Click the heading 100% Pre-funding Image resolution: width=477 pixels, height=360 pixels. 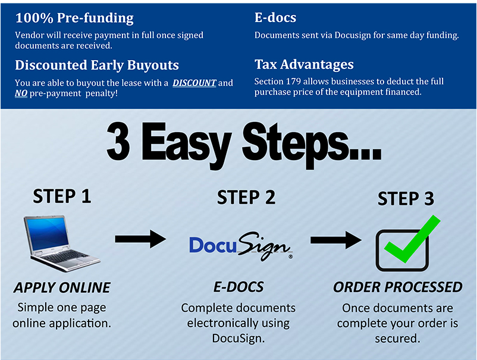[74, 18]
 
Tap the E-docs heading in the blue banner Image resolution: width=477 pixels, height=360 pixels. [275, 18]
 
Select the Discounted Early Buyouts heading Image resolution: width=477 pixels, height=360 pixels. [97, 65]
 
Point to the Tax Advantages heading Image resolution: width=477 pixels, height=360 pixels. [304, 64]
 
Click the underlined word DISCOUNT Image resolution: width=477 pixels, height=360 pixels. [194, 83]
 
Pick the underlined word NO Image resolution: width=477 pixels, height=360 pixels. [21, 93]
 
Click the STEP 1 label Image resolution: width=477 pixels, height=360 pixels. [62, 196]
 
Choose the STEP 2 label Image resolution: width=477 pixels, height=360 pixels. [246, 198]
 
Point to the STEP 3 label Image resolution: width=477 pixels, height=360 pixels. [406, 199]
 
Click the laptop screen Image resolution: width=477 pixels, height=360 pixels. [45, 233]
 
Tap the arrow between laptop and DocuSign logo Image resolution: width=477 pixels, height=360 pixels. [140, 239]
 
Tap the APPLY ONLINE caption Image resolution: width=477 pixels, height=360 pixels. [62, 287]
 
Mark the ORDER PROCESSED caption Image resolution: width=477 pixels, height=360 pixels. [397, 287]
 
